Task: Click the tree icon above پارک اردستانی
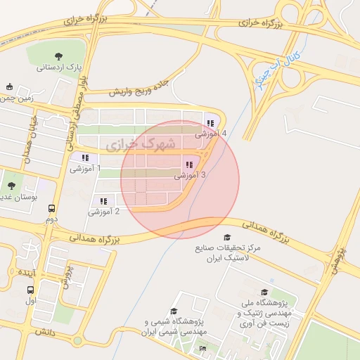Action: pyautogui.click(x=58, y=56)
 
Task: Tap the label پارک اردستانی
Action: pyautogui.click(x=60, y=68)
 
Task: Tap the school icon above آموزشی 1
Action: pyautogui.click(x=85, y=158)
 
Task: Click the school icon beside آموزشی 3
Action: pyautogui.click(x=188, y=165)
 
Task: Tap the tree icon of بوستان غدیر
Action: pyautogui.click(x=11, y=186)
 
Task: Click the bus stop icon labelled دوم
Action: pyautogui.click(x=51, y=208)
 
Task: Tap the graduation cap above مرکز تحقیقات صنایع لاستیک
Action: pyautogui.click(x=226, y=237)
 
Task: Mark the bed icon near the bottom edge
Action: pyautogui.click(x=203, y=348)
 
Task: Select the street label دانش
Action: pyautogui.click(x=41, y=330)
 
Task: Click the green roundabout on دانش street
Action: pyautogui.click(x=77, y=341)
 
